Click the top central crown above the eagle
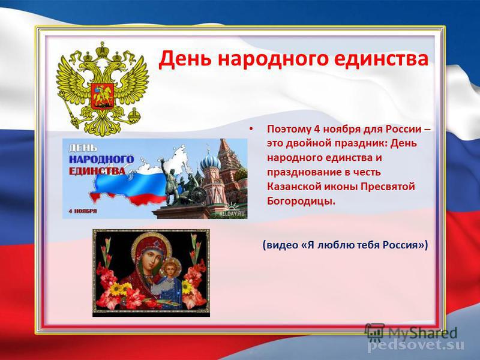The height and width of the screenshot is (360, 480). tap(102, 50)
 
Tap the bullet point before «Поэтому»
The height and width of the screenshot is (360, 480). tap(251, 129)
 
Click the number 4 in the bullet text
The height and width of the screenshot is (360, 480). tap(317, 129)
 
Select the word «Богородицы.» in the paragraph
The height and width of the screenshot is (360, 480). tap(301, 201)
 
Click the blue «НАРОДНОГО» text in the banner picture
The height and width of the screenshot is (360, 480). tap(101, 160)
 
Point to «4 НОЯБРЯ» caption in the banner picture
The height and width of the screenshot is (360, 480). tap(82, 211)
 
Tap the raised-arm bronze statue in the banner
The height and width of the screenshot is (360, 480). tap(169, 182)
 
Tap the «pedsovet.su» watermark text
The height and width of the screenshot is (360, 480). tap(416, 346)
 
